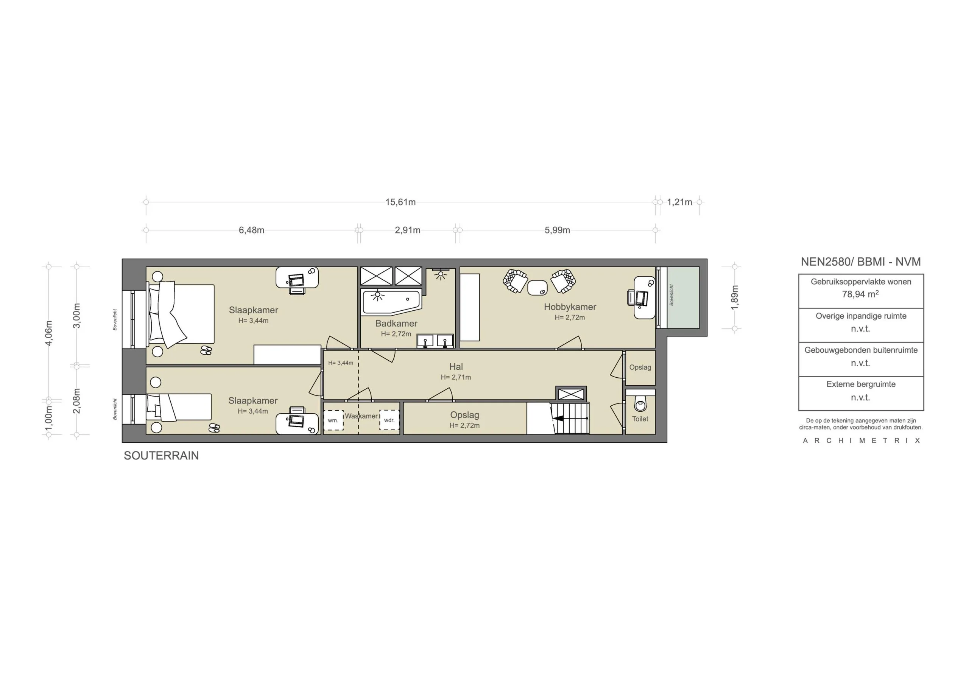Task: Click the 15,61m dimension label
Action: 400,202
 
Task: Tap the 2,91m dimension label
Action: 407,230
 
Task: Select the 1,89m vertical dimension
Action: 735,297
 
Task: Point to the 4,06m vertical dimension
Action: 49,333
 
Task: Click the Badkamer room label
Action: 396,323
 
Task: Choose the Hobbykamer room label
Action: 570,307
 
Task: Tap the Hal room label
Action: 456,367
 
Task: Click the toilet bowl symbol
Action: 640,405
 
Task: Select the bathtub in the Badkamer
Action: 391,301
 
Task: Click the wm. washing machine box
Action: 333,420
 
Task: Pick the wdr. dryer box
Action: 389,420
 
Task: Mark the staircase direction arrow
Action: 558,418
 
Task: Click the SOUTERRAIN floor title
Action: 161,455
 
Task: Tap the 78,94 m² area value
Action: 860,294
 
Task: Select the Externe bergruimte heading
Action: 860,384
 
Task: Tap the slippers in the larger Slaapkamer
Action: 206,350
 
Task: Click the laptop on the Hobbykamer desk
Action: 642,298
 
